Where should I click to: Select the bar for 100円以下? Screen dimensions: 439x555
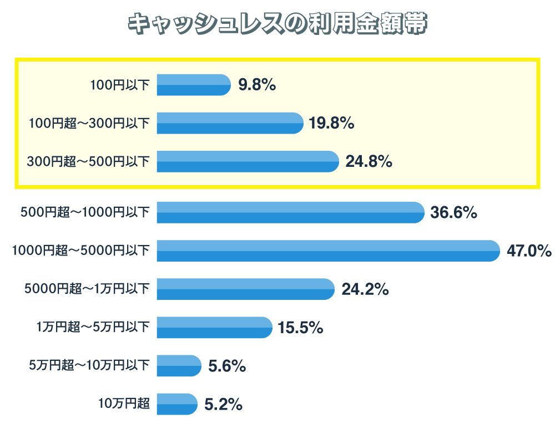click(x=193, y=85)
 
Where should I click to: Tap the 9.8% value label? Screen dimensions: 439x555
click(x=257, y=85)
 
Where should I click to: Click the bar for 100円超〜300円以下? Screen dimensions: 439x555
click(x=230, y=123)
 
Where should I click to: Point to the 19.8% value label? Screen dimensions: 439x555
click(x=331, y=123)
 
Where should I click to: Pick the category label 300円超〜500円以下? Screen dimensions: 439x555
click(x=88, y=162)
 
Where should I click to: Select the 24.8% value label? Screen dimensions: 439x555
click(x=369, y=162)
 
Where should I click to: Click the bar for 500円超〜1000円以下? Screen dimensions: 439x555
click(x=290, y=212)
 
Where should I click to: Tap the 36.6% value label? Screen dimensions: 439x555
click(x=454, y=212)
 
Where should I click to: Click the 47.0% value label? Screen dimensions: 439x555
click(x=529, y=251)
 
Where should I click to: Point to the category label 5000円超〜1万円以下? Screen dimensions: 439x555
click(x=87, y=289)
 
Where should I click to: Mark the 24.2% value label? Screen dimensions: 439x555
click(x=365, y=289)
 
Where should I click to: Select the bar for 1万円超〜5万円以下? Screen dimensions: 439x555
click(x=214, y=327)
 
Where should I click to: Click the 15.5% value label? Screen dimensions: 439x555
click(x=300, y=327)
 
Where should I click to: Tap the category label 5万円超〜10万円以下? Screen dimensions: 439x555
click(x=89, y=365)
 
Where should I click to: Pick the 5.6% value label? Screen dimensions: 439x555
click(x=227, y=365)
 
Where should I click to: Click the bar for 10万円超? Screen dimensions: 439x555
click(x=177, y=404)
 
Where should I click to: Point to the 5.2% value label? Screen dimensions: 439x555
click(x=223, y=404)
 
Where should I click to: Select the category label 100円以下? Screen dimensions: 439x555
click(x=119, y=85)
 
